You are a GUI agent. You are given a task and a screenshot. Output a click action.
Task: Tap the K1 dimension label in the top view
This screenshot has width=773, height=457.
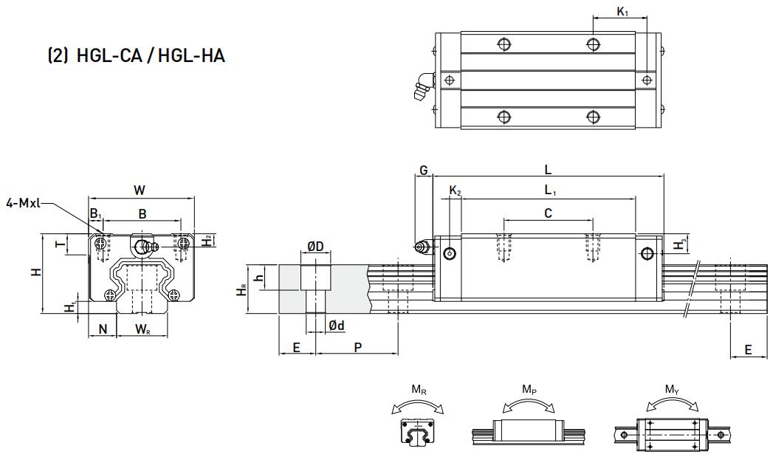[x=622, y=12]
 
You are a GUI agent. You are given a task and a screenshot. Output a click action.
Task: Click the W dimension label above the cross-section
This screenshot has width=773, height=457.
[x=139, y=190]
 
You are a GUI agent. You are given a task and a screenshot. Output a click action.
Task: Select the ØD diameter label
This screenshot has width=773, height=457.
[x=315, y=247]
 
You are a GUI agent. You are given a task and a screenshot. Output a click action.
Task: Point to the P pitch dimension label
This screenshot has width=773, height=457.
[x=357, y=347]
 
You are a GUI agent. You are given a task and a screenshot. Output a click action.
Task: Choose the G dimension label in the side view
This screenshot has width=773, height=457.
[x=424, y=170]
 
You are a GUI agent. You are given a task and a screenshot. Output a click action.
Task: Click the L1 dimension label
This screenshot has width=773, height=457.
[x=550, y=190]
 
